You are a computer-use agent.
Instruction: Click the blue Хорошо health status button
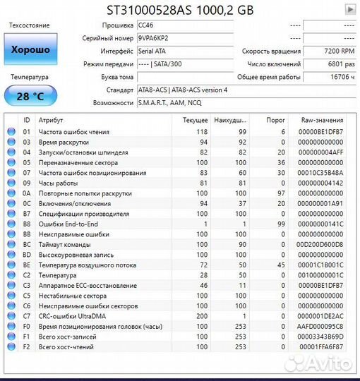[30, 50]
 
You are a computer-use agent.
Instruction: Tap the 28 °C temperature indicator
[30, 95]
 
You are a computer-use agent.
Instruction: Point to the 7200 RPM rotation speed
[337, 52]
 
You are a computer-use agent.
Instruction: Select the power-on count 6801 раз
[338, 64]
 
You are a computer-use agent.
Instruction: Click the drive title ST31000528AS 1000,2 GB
[179, 9]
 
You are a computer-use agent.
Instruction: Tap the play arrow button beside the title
[351, 9]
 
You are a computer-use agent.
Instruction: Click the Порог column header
[275, 121]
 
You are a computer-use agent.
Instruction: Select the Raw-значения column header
[322, 121]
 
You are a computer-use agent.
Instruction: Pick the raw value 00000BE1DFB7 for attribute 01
[322, 131]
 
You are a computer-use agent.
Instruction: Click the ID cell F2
[27, 346]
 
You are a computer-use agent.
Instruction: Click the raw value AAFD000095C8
[320, 326]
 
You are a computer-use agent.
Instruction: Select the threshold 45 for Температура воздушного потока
[281, 265]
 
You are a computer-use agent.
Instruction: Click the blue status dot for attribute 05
[11, 162]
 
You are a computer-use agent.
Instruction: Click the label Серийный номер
[107, 38]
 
